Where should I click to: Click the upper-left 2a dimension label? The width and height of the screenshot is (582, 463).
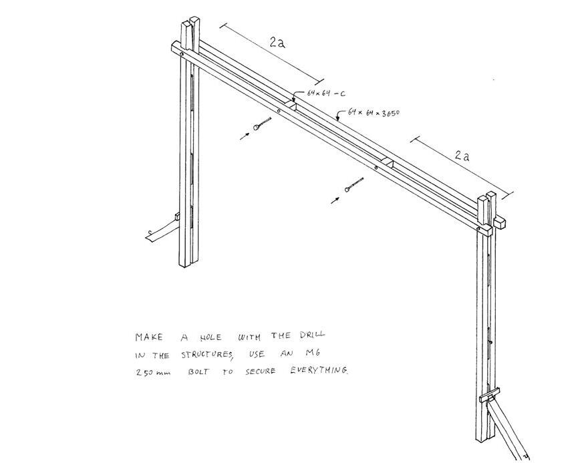[x=278, y=41]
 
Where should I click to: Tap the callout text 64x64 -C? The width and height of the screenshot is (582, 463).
[x=326, y=94]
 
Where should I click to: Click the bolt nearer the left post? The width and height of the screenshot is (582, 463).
[x=261, y=125]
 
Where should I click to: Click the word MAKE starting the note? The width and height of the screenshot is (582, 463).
[x=148, y=337]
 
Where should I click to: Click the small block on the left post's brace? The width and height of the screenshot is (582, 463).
[x=177, y=216]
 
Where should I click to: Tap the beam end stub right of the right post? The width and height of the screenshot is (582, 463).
[x=500, y=220]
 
